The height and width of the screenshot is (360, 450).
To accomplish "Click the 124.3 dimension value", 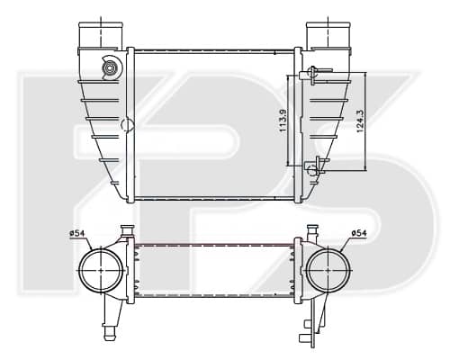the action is click(360, 121).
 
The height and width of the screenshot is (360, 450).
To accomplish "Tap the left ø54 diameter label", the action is click(77, 233).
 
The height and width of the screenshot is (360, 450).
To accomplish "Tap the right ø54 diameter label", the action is click(359, 233).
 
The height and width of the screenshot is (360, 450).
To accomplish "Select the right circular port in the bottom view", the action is click(307, 270).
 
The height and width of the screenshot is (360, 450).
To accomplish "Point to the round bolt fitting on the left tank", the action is click(109, 68).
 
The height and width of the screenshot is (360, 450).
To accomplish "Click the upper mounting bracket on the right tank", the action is click(313, 75).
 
